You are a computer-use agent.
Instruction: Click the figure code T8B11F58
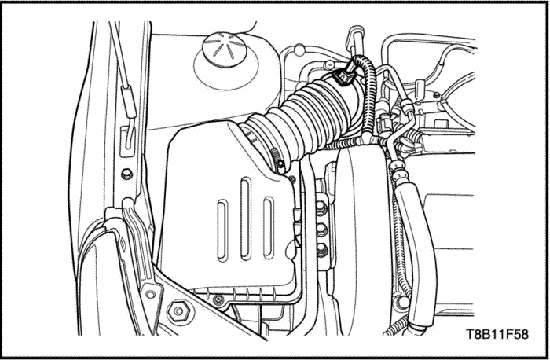[497, 334]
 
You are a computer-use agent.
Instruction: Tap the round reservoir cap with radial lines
[225, 49]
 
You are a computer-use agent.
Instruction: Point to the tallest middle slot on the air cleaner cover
[245, 219]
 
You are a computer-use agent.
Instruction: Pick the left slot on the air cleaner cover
[222, 230]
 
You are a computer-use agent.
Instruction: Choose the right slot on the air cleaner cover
[269, 227]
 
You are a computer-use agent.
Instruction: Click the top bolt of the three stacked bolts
[321, 209]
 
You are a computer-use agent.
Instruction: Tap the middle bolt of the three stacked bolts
[321, 230]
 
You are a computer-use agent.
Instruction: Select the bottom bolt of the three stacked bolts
[321, 250]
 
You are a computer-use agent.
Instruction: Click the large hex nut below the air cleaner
[178, 311]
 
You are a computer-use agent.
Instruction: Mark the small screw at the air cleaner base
[219, 299]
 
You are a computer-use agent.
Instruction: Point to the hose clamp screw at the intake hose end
[280, 163]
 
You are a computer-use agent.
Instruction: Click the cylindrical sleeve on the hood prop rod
[129, 101]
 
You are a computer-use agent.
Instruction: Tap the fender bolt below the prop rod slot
[126, 174]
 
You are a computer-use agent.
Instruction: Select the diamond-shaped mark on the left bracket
[123, 245]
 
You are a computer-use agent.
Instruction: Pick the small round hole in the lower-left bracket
[151, 294]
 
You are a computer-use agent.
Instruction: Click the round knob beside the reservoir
[299, 50]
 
